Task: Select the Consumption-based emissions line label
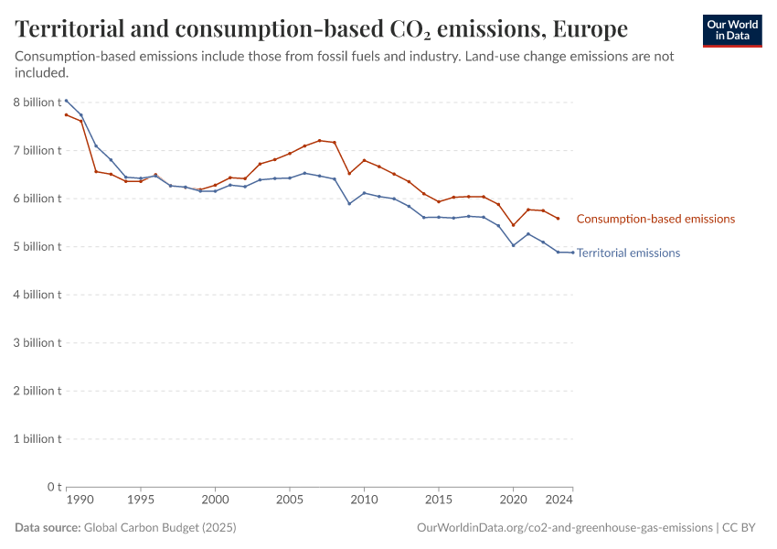(x=655, y=219)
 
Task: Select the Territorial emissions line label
(x=628, y=253)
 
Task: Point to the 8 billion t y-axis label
(x=37, y=102)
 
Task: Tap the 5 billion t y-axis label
(x=37, y=246)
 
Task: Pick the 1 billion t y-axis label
(x=37, y=438)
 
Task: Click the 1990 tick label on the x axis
(x=81, y=501)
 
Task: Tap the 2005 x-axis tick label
(x=290, y=501)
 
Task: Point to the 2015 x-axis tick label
(x=439, y=501)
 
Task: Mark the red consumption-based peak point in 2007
(x=319, y=140)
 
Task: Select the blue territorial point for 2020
(x=513, y=245)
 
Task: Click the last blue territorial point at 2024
(x=572, y=253)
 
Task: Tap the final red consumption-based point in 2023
(x=558, y=218)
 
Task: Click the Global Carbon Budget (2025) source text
(x=159, y=528)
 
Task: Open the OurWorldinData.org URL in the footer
(x=564, y=528)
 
